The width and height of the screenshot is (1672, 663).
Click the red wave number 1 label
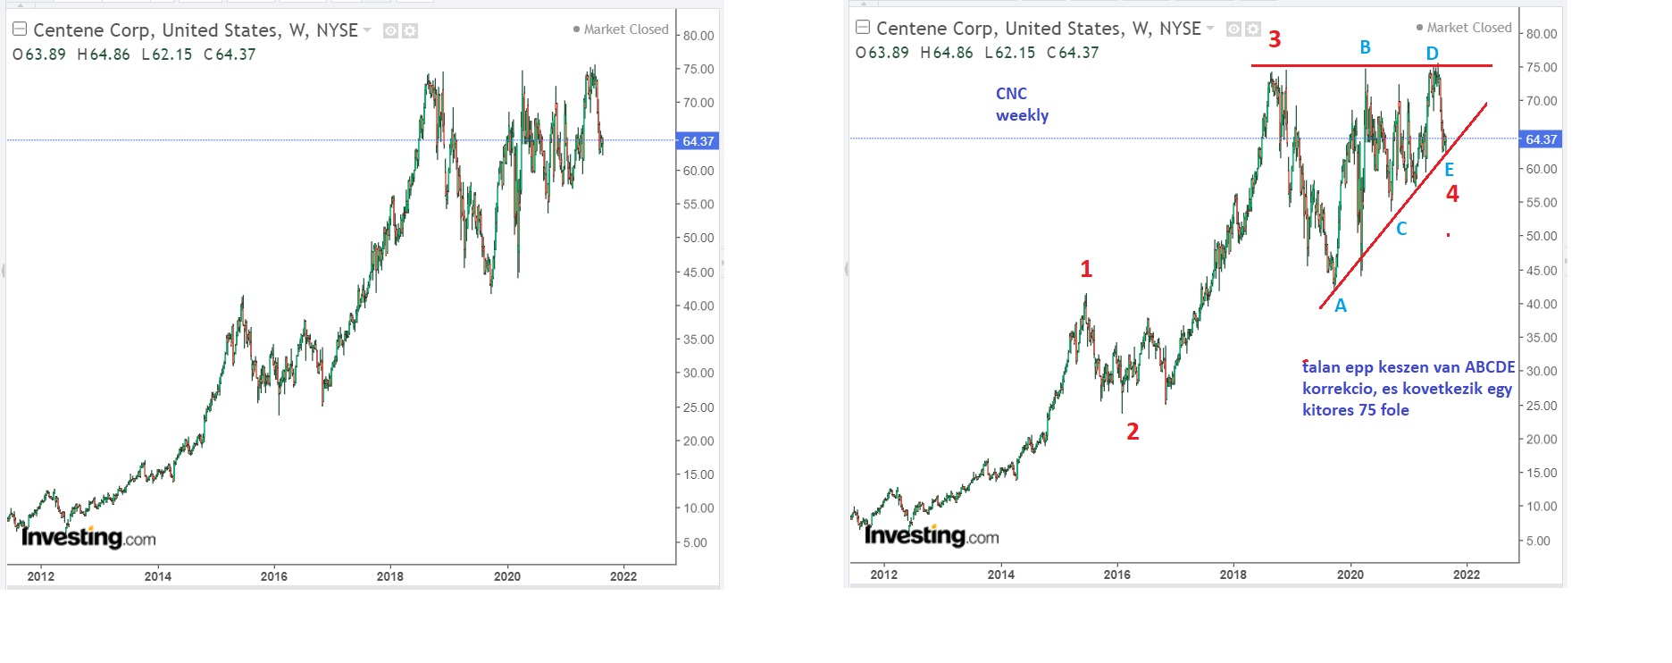1086,269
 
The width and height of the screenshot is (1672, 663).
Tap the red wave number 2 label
1133,432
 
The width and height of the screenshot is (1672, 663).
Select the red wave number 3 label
1275,39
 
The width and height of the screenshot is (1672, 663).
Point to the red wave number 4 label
1452,194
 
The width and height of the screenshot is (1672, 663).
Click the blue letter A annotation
1341,306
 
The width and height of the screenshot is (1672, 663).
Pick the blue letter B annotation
1365,47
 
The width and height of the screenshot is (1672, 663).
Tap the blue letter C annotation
1401,229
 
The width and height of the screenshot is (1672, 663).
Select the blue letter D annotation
1433,54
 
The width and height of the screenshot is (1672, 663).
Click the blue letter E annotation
1449,169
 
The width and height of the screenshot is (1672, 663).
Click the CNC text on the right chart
1011,94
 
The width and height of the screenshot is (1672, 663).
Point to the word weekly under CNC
1022,115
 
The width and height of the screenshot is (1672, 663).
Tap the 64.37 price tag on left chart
698,141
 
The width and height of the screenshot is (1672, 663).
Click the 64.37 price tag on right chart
1541,139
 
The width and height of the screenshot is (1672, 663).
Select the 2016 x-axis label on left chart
273,576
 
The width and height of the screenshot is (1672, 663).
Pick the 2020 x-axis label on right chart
1350,575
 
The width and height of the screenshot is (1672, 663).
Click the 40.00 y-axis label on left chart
698,306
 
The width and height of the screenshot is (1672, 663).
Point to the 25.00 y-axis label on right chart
1542,406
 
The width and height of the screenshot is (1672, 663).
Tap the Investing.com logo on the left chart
88,537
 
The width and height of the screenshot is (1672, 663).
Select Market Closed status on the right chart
1468,28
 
